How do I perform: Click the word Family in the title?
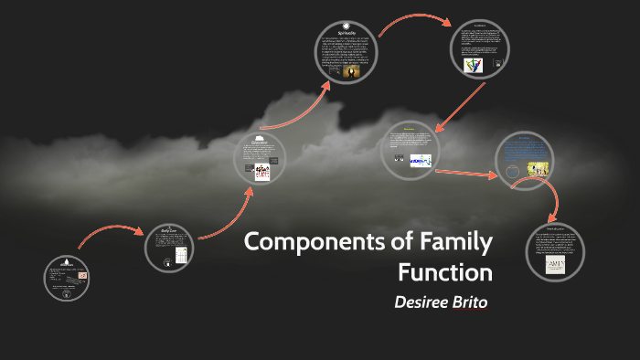click(x=452, y=245)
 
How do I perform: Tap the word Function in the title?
click(x=444, y=273)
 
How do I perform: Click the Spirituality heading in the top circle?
click(x=347, y=31)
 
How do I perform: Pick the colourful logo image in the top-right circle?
click(x=474, y=65)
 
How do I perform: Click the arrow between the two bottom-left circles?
click(x=107, y=232)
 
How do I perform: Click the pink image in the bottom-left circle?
click(x=84, y=274)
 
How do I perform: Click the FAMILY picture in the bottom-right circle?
click(x=556, y=264)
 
